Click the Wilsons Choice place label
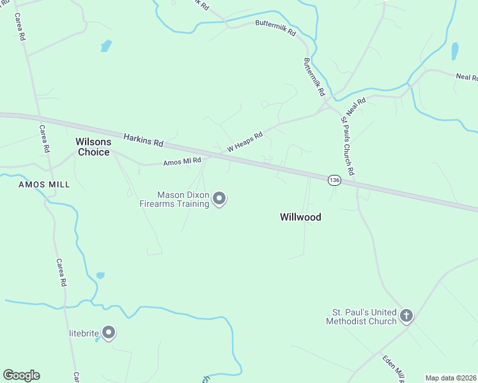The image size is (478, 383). [x=93, y=147]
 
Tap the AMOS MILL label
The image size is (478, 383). [x=44, y=184]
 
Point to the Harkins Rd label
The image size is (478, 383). [x=144, y=138]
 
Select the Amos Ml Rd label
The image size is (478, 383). [x=182, y=161]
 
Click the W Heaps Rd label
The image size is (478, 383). [x=245, y=142]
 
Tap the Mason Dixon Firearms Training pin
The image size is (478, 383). [x=220, y=199]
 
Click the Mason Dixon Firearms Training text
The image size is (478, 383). [x=174, y=199]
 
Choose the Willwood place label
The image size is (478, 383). [x=300, y=217]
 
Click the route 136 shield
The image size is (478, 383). [x=334, y=181]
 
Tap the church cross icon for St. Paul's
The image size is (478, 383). [x=406, y=315]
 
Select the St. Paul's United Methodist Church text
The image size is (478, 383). [x=361, y=317]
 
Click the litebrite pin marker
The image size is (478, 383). [x=109, y=333]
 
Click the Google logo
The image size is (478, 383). [x=21, y=375]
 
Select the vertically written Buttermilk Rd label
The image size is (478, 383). [x=314, y=76]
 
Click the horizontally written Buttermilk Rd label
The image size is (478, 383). [x=275, y=28]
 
